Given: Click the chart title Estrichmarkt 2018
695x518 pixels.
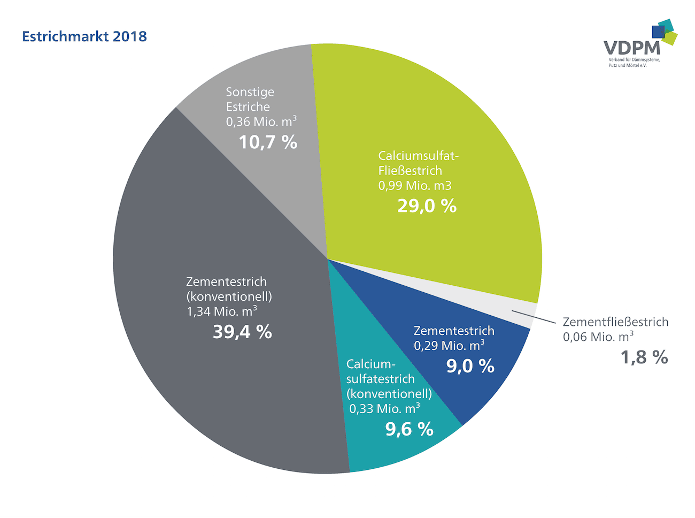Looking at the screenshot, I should coord(84,36).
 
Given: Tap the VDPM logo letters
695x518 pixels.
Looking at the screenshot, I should coord(632,48).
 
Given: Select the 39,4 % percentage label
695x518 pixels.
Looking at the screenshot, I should coord(243,332).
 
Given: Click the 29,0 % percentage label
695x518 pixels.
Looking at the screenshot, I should coord(427,205).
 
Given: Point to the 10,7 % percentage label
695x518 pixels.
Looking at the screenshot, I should coord(268,142).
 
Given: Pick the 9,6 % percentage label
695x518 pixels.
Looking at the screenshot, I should coord(410,429).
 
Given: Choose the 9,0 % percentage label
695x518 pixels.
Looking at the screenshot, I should coord(470,365).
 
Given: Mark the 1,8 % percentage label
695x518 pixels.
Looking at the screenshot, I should coord(644,357).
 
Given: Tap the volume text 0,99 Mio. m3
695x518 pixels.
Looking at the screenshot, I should coord(415,186).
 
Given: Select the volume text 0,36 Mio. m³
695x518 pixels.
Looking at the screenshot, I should coord(261,121).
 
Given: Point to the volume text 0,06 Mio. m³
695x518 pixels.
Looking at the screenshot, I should coord(598,337).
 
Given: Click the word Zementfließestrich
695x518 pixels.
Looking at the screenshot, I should coord(615,322).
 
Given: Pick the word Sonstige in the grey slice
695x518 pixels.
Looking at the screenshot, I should coord(250,92).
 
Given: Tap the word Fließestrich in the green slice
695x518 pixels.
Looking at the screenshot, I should coord(410,171).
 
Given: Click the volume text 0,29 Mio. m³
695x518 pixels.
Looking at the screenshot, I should coord(450,345).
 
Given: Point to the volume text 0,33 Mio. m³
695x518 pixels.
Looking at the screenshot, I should coord(385,409).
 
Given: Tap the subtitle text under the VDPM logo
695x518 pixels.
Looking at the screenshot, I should coord(634,62).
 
